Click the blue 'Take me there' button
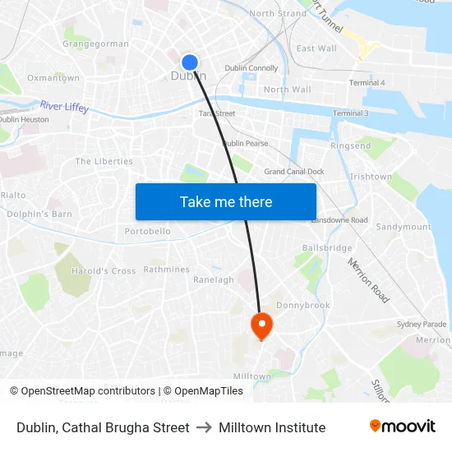click(x=226, y=201)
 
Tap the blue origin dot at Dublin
click(x=190, y=62)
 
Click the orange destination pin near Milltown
click(x=262, y=325)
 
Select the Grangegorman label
click(x=95, y=44)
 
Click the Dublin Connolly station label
click(x=251, y=68)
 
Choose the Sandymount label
click(x=403, y=227)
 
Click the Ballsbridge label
click(x=327, y=247)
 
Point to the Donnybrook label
click(x=303, y=305)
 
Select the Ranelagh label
click(x=214, y=279)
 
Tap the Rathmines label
click(x=167, y=270)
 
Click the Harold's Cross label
click(x=104, y=271)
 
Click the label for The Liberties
click(x=104, y=161)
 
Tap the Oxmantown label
click(x=53, y=78)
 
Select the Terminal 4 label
click(x=367, y=83)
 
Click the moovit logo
click(x=402, y=427)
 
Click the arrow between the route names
click(x=204, y=427)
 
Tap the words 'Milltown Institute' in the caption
click(x=272, y=427)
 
